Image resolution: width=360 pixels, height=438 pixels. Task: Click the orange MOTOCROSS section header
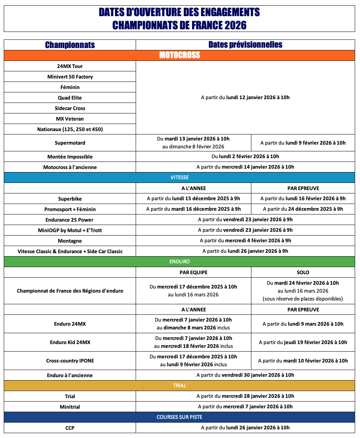[x=179, y=55]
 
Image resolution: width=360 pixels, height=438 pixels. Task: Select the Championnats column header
[x=70, y=45]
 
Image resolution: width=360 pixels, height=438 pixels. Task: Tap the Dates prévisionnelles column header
[x=245, y=45]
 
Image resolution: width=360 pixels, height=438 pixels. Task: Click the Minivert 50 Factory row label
[x=70, y=77]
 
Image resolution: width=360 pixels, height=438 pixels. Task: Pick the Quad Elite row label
[x=70, y=98]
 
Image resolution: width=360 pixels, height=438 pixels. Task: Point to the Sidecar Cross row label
[x=70, y=108]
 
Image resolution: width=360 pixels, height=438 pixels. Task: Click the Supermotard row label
[x=70, y=143]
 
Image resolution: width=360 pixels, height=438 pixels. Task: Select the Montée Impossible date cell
[x=245, y=156]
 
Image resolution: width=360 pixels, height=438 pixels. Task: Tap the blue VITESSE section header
[x=179, y=177]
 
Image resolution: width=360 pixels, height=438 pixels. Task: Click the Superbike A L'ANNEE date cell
[x=193, y=198]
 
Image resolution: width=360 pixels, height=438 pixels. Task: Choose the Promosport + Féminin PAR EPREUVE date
[x=303, y=209]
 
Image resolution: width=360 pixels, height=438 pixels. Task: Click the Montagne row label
[x=70, y=240]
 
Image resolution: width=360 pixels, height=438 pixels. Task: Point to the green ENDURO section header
[x=179, y=261]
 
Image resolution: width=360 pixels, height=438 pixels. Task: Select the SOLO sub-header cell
[x=303, y=272]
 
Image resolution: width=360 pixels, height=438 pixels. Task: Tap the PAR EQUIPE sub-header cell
[x=193, y=272]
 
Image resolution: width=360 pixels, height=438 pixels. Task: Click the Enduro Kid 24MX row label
[x=70, y=342]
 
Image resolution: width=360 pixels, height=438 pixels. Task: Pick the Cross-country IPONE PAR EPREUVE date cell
[x=303, y=361]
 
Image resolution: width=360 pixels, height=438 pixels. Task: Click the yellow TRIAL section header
[x=179, y=385]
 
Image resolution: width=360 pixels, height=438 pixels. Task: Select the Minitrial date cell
[x=245, y=406]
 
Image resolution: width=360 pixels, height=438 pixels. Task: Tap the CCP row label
[x=70, y=427]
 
